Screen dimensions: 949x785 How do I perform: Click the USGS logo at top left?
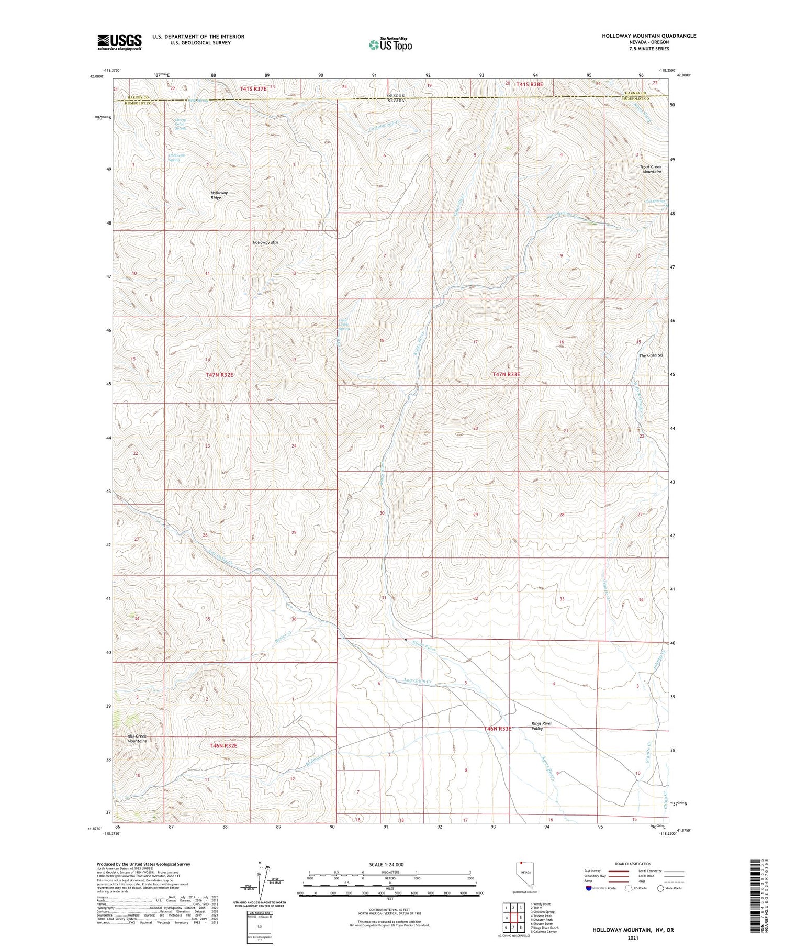(119, 42)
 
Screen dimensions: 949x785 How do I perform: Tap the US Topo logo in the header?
(390, 44)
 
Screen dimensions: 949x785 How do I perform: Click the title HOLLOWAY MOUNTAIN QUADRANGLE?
(648, 36)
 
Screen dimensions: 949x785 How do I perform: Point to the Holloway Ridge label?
(220, 195)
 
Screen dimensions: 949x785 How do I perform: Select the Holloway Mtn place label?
(265, 243)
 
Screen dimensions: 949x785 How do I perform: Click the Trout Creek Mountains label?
(651, 169)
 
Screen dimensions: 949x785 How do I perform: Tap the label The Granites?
(651, 355)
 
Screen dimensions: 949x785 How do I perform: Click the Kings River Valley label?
(542, 725)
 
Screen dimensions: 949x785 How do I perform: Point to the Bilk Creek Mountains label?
(137, 739)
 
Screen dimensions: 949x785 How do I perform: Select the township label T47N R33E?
(506, 374)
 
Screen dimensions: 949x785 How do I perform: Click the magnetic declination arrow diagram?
(260, 879)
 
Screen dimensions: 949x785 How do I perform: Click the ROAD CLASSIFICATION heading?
(633, 864)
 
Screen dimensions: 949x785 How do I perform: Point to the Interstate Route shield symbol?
(589, 888)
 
